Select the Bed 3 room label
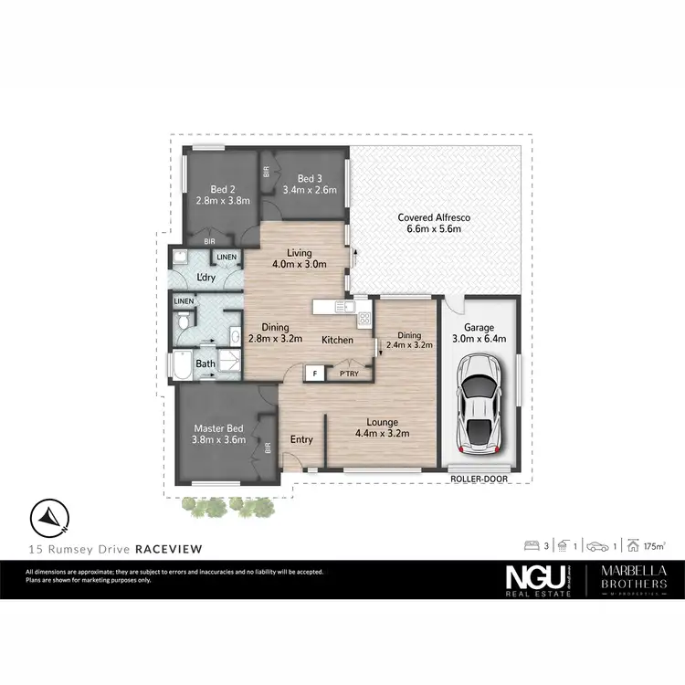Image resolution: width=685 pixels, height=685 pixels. click(310, 184)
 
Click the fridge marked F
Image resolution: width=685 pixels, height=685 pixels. click(314, 373)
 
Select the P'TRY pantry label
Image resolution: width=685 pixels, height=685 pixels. click(349, 374)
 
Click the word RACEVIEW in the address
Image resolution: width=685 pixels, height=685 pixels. click(168, 549)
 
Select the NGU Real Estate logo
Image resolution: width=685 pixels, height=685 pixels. click(538, 581)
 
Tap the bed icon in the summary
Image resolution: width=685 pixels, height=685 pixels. click(532, 546)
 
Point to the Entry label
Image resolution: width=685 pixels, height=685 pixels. click(301, 439)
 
